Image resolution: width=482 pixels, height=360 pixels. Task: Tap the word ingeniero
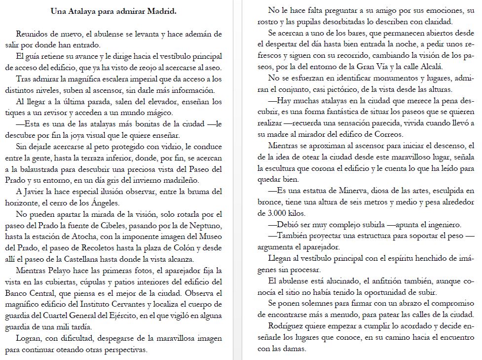[x=442, y=225]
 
